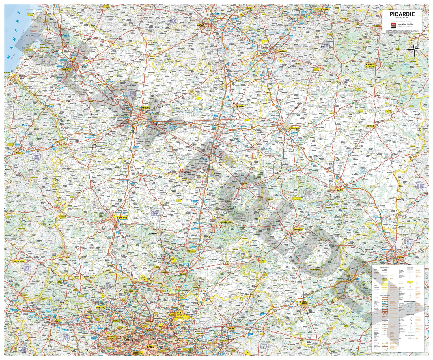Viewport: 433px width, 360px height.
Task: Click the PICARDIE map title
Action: tap(402, 14)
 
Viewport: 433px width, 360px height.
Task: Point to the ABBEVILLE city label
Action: tap(66, 70)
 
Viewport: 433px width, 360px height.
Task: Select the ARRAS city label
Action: tap(200, 25)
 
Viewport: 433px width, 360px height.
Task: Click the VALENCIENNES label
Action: tap(323, 9)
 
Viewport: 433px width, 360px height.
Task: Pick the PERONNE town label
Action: tap(240, 106)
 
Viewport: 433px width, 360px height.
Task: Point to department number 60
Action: tap(154, 214)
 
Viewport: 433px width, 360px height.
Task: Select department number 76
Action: tap(36, 157)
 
